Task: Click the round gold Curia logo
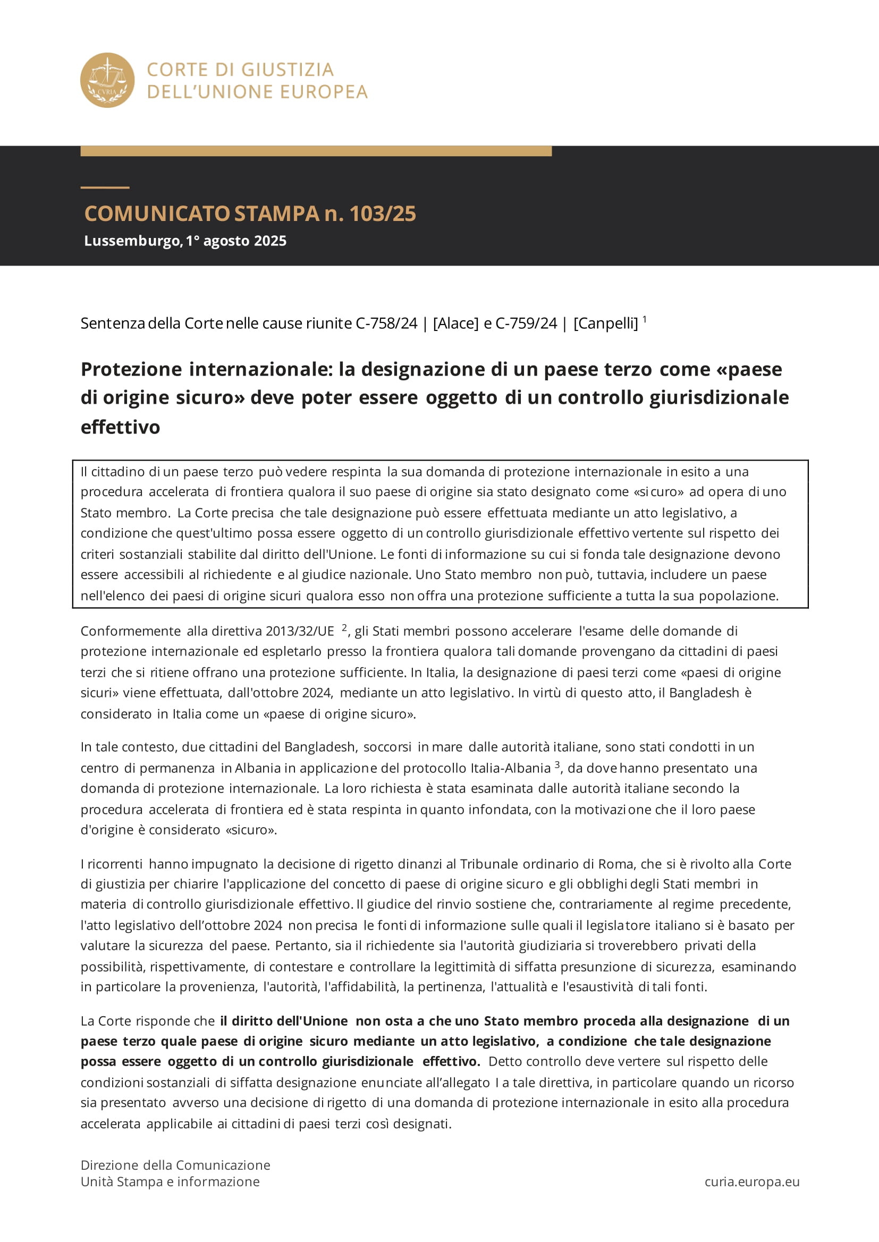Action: pos(107,80)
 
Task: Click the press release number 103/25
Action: pos(382,214)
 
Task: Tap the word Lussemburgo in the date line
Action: pos(133,241)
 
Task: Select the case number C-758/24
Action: pos(386,323)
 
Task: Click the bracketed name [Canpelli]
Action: pos(606,323)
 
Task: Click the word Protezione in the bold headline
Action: pos(131,369)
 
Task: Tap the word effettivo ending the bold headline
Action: pos(120,427)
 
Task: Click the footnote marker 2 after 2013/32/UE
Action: pos(344,627)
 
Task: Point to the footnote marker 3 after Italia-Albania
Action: pos(557,764)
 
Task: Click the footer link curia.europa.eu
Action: pos(752,1182)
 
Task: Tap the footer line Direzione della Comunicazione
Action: pos(175,1165)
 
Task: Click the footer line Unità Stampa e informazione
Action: pos(170,1182)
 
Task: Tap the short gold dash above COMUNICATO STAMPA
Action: pos(105,187)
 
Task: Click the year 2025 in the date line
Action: pos(270,241)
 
